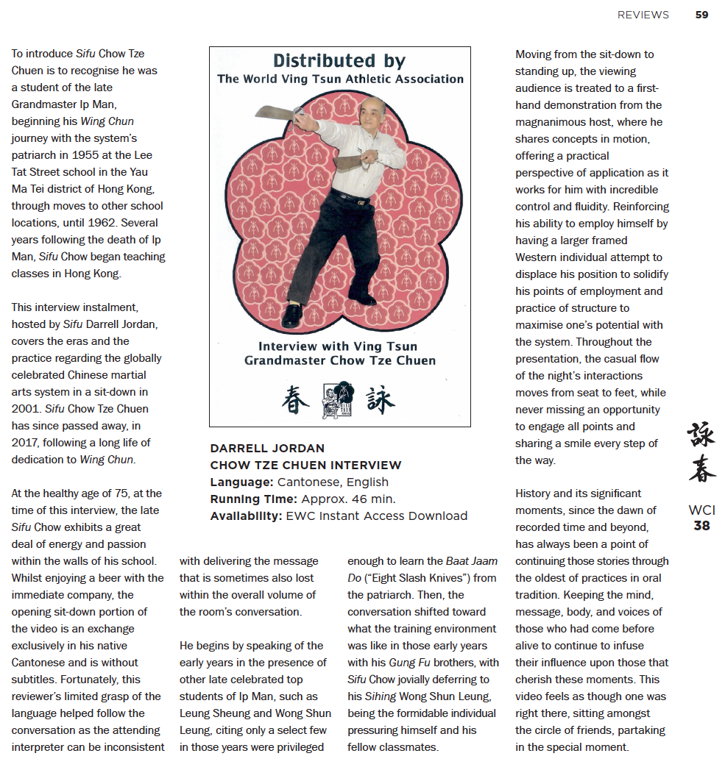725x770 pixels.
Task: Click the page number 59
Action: pyautogui.click(x=701, y=15)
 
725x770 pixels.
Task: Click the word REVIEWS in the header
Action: pyautogui.click(x=643, y=15)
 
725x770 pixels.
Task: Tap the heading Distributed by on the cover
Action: pyautogui.click(x=339, y=61)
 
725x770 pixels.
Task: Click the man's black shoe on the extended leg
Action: pyautogui.click(x=291, y=315)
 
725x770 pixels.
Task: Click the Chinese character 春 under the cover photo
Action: pyautogui.click(x=296, y=400)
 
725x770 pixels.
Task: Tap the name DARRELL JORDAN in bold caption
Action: pyautogui.click(x=267, y=448)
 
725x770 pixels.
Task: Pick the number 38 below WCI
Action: pyautogui.click(x=701, y=526)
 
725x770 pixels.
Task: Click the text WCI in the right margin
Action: pyautogui.click(x=701, y=510)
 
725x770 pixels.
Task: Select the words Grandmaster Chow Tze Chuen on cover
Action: pyautogui.click(x=340, y=360)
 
